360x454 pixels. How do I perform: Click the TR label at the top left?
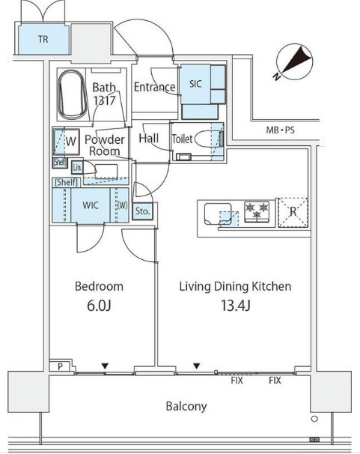[43, 39]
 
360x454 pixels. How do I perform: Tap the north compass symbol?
[294, 61]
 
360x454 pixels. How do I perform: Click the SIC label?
[195, 84]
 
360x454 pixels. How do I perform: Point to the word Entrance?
[154, 87]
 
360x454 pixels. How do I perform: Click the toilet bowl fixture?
[207, 139]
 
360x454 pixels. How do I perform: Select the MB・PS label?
[280, 130]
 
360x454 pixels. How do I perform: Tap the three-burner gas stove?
[257, 212]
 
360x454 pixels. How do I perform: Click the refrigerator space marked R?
[293, 212]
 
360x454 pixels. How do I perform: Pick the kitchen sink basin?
[218, 214]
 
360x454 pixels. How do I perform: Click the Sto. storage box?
[142, 211]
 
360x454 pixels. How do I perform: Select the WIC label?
[91, 205]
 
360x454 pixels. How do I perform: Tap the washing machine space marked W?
[67, 142]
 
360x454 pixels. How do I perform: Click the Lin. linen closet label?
[77, 167]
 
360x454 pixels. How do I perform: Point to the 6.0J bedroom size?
[99, 306]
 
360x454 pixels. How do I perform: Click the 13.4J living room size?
[235, 306]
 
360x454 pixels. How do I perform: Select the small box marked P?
[60, 366]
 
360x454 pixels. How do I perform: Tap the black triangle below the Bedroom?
[105, 366]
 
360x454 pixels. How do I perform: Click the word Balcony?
[186, 406]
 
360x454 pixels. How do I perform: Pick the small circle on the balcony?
[314, 419]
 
